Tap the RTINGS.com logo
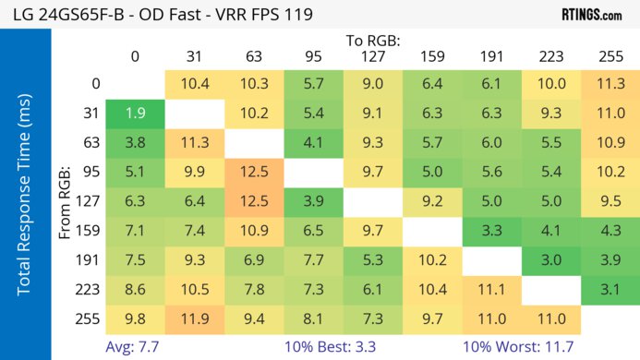(591, 15)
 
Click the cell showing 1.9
(135, 114)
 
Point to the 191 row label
(91, 260)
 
